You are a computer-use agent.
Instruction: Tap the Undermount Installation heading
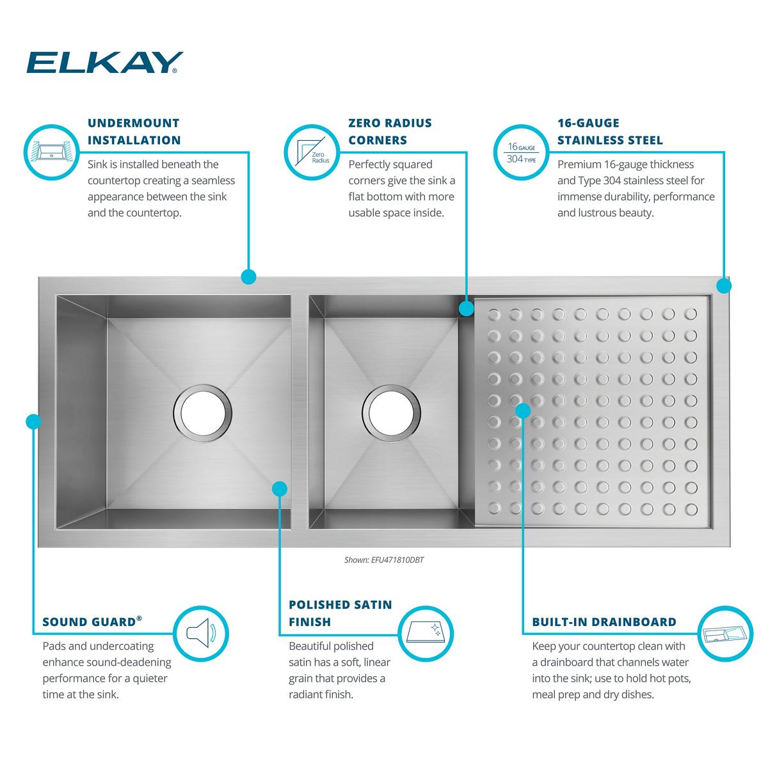[134, 131]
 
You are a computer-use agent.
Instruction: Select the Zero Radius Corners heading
[390, 131]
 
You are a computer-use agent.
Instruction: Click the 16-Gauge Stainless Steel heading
[609, 131]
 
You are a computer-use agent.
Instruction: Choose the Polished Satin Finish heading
[340, 613]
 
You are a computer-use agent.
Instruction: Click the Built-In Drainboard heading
[604, 621]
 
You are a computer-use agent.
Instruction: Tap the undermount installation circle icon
[51, 152]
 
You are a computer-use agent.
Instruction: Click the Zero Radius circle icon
[312, 152]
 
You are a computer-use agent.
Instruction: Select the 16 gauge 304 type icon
[520, 152]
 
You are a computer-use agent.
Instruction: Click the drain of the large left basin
[202, 413]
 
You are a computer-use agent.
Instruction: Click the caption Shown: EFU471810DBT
[384, 559]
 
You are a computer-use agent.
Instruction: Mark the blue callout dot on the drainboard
[523, 410]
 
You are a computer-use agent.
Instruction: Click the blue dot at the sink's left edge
[33, 421]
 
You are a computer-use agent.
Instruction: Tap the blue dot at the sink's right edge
[724, 285]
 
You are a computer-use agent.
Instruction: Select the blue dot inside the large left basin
[279, 489]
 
